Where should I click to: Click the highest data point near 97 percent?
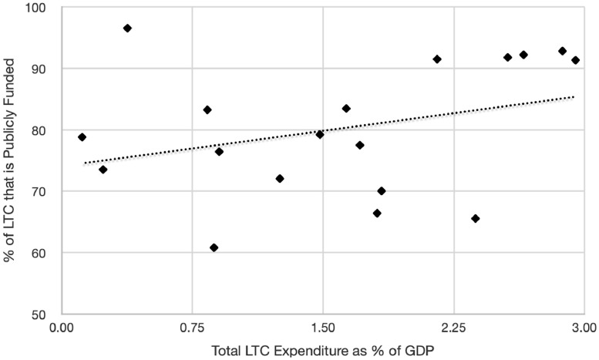[127, 28]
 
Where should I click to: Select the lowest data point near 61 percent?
[214, 247]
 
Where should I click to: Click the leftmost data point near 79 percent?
[82, 137]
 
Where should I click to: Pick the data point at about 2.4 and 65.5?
[475, 218]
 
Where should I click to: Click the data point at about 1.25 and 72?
[280, 178]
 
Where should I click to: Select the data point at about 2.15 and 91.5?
[437, 59]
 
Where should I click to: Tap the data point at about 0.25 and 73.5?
[103, 170]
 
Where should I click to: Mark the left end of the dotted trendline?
[84, 163]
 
